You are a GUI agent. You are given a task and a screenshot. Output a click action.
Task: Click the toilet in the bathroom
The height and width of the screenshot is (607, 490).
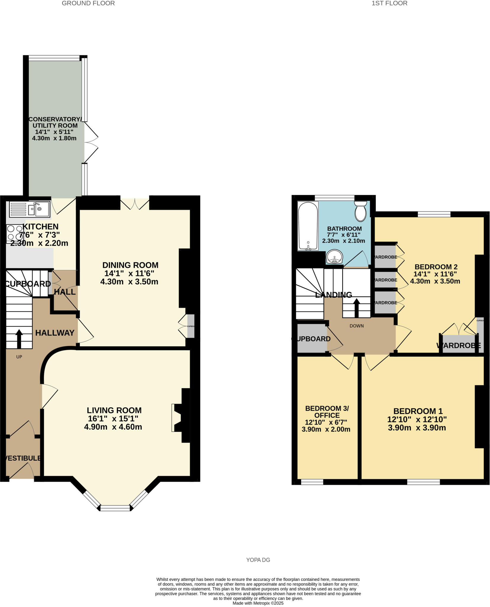[x=361, y=211]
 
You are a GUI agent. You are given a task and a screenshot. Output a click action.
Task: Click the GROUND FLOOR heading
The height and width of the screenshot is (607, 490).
[x=88, y=3]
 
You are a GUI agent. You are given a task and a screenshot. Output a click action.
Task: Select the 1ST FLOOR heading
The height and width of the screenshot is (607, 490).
[x=389, y=3]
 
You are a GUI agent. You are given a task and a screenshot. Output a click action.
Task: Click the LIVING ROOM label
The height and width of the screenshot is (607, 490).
[x=114, y=410]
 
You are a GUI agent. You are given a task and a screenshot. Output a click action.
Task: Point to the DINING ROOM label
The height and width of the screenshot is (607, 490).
[x=130, y=265]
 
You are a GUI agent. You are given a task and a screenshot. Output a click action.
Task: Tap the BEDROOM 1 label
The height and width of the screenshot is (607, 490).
[x=418, y=411]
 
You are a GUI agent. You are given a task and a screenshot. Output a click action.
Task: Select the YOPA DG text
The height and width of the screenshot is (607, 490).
[x=258, y=560]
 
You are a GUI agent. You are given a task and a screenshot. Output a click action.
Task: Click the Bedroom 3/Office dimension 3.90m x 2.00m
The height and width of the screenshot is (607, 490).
[x=326, y=429]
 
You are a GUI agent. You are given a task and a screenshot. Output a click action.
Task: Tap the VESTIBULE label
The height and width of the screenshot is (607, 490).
[x=23, y=458]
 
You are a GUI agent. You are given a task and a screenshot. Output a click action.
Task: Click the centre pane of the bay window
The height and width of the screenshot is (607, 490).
[x=115, y=508]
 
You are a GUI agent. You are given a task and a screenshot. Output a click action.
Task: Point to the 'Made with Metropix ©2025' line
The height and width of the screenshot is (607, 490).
[x=258, y=603]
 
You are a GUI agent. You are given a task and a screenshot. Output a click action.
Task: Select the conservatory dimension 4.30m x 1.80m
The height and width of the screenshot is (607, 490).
[x=54, y=138]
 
